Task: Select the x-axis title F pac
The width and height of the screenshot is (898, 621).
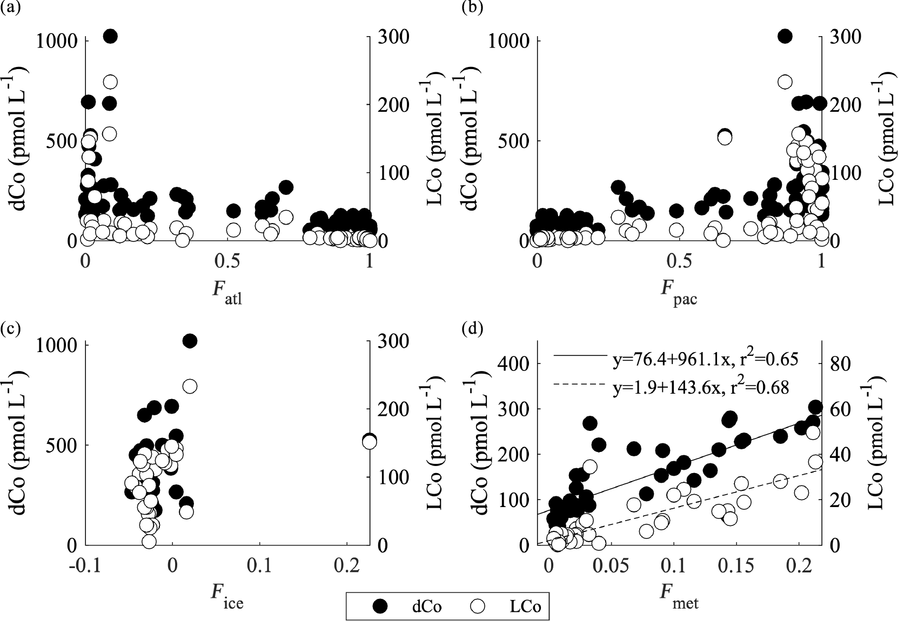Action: tap(679, 293)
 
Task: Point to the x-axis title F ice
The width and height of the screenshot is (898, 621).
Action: tap(227, 597)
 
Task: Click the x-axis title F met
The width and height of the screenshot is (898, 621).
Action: tap(679, 597)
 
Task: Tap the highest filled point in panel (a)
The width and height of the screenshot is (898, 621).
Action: tap(110, 36)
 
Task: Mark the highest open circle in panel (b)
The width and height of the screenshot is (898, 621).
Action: tap(785, 82)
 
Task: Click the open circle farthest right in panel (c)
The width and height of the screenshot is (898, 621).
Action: tap(369, 442)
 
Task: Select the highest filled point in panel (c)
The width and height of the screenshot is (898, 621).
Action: tap(190, 341)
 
